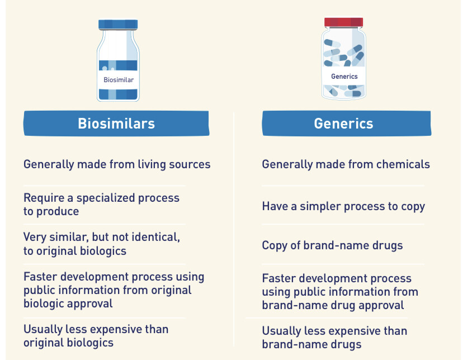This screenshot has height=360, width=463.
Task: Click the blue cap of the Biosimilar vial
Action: (118, 25)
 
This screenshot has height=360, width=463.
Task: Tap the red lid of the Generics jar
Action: (343, 22)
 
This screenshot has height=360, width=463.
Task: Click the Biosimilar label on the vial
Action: (119, 80)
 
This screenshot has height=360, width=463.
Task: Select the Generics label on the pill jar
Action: (344, 77)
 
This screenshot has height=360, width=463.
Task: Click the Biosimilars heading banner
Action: (116, 124)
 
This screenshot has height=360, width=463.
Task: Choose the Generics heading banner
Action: (346, 124)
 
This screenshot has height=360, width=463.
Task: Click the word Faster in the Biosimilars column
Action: (40, 277)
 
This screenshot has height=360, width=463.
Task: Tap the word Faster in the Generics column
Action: (278, 278)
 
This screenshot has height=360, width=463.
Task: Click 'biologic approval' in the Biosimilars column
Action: (68, 304)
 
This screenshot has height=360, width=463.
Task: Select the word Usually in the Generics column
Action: (281, 331)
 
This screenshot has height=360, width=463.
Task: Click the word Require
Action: (44, 198)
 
